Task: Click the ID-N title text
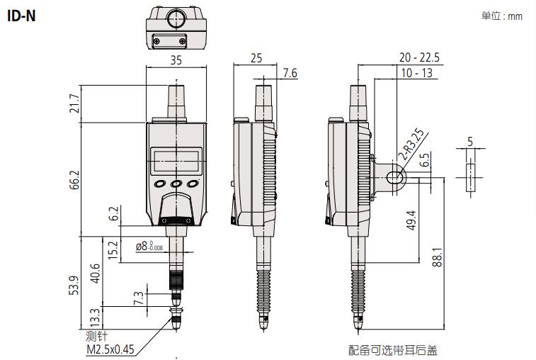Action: (x=21, y=14)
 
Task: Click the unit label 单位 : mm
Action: (x=501, y=16)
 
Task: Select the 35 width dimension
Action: (x=176, y=61)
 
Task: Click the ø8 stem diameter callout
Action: (x=149, y=247)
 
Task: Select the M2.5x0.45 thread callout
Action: (x=109, y=348)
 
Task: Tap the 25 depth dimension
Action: (x=256, y=60)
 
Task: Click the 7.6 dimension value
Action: (x=290, y=72)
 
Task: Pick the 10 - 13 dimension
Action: (x=416, y=73)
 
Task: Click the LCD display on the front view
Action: (x=175, y=160)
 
